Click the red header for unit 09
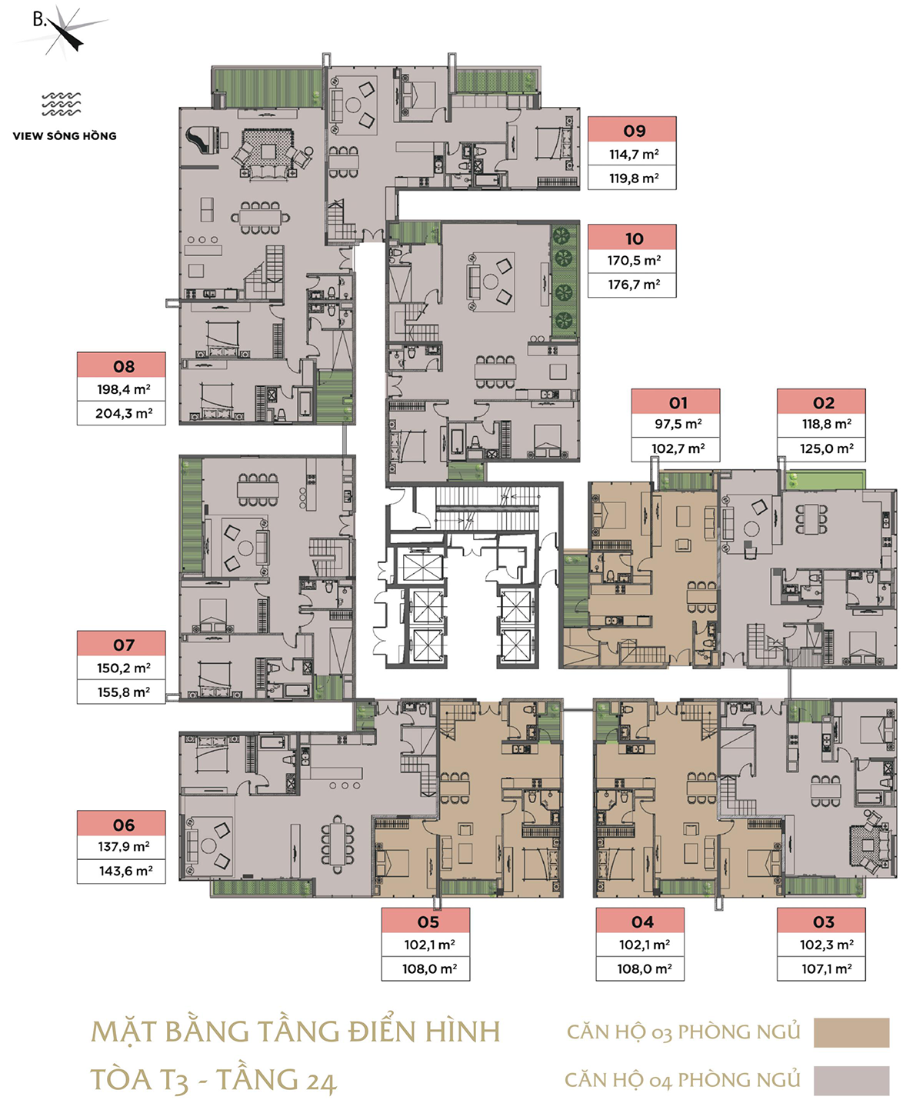click(x=631, y=129)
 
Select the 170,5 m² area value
click(x=635, y=260)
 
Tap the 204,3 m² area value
click(x=124, y=414)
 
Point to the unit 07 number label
click(x=124, y=645)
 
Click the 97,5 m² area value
click(x=678, y=424)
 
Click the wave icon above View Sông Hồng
click(x=61, y=104)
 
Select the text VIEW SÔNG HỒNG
click(x=65, y=136)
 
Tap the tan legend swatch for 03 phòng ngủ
click(x=851, y=1032)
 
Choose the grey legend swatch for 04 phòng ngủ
click(x=851, y=1081)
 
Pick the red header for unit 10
click(x=631, y=237)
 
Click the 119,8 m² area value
click(x=635, y=178)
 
